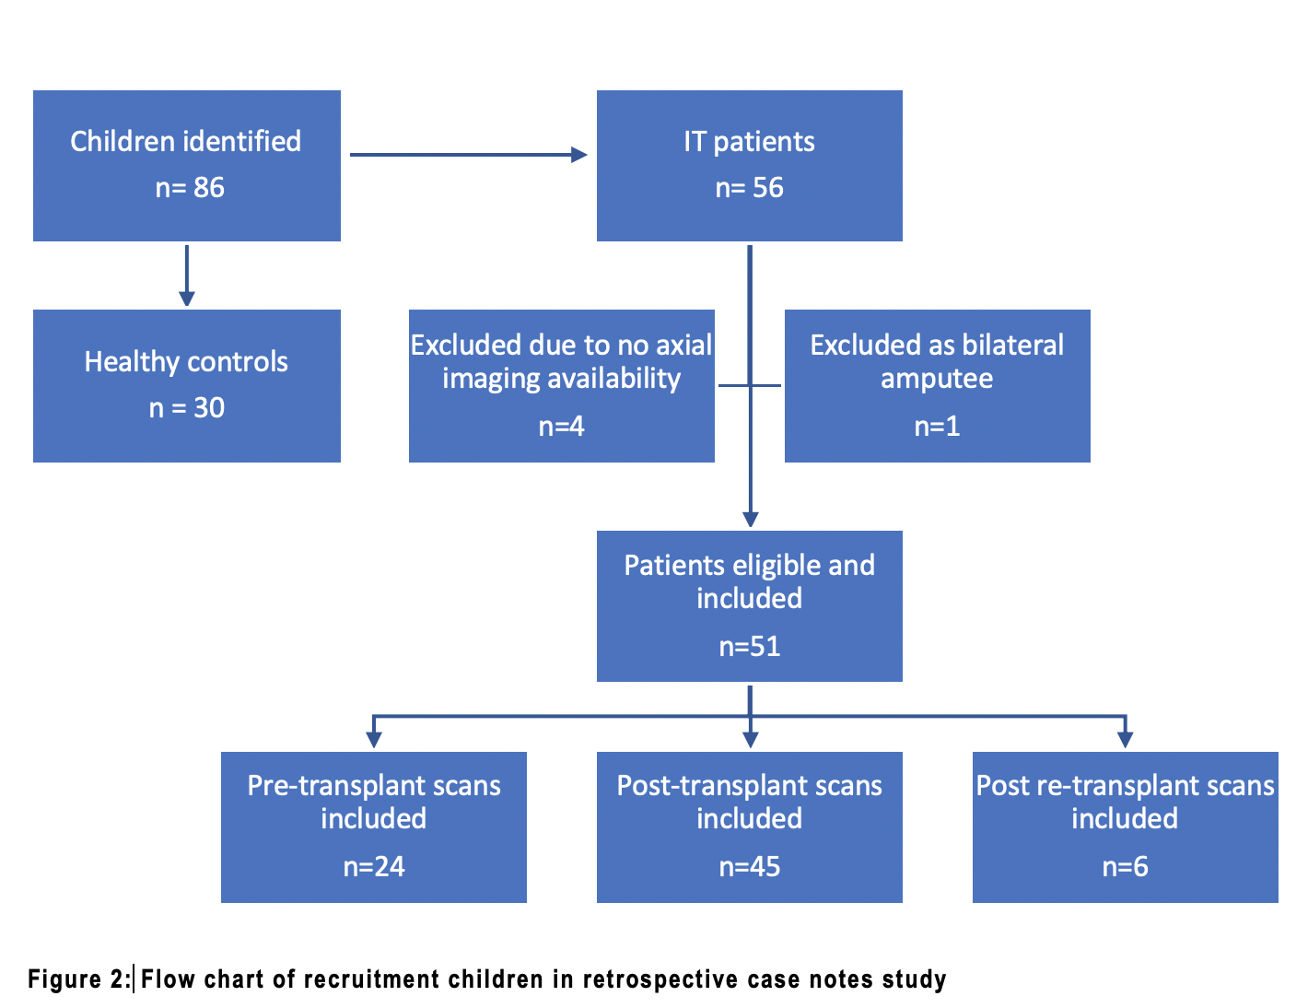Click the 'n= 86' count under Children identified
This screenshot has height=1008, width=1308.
click(x=190, y=187)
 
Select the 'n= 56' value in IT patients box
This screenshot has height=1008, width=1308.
click(x=749, y=187)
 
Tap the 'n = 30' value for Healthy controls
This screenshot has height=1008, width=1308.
click(x=187, y=407)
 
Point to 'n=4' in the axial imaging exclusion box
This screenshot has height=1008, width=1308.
click(x=561, y=427)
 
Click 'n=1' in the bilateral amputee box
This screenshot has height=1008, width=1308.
click(x=937, y=427)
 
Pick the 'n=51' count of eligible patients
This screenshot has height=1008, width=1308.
click(x=750, y=647)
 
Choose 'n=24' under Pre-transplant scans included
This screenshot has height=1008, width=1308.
click(x=374, y=867)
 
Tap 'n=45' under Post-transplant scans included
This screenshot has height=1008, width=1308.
click(x=750, y=867)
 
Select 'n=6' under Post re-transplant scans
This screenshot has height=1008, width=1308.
click(x=1125, y=867)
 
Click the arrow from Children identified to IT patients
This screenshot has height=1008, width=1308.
click(x=468, y=155)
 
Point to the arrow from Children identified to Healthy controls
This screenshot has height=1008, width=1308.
click(x=187, y=275)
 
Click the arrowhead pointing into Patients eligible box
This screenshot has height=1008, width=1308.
click(x=750, y=519)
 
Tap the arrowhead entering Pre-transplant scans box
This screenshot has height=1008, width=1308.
click(x=374, y=740)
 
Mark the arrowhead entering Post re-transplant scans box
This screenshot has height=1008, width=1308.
click(x=1125, y=740)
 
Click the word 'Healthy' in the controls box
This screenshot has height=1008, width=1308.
click(x=132, y=362)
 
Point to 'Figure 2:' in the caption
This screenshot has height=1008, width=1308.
click(x=79, y=979)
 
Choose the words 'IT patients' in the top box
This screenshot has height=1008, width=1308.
click(x=749, y=143)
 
